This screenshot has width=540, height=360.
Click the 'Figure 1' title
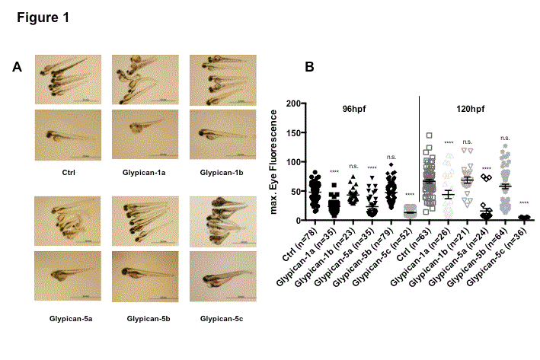point(43,18)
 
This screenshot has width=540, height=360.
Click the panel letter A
point(18,67)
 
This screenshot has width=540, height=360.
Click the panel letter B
point(309,67)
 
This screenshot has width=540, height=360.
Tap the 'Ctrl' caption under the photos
point(68,172)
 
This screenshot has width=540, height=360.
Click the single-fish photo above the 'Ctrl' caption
point(68,134)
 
